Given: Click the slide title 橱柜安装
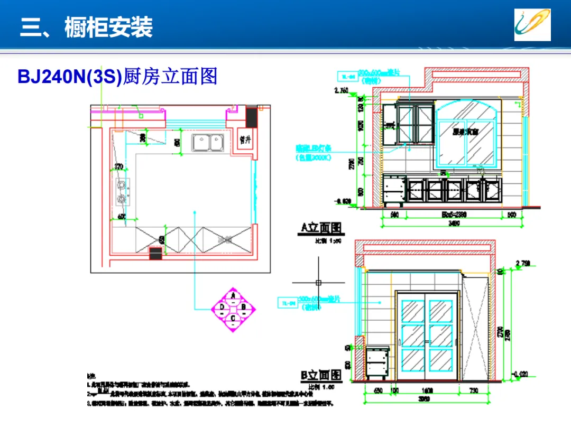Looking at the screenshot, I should pos(108,27).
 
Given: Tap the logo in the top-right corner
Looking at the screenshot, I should pos(532,25).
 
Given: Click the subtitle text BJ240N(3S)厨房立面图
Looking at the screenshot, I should pos(117,77).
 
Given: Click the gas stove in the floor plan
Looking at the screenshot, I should pos(122,191).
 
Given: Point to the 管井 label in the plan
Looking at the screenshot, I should pos(245,140).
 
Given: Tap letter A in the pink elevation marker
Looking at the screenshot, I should pos(233,296).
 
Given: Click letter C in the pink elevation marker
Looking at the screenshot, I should pos(233,318).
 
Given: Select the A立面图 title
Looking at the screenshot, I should pos(321,228).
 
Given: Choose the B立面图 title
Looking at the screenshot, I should pos(321,375).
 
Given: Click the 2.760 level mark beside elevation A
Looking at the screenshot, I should pos(342,91).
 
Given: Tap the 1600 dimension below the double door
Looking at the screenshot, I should pos(426,391).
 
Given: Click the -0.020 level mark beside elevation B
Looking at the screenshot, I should pos(521,374).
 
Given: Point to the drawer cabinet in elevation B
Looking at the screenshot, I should pos(377,363).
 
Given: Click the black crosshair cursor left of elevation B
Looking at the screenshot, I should pos(318,282).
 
